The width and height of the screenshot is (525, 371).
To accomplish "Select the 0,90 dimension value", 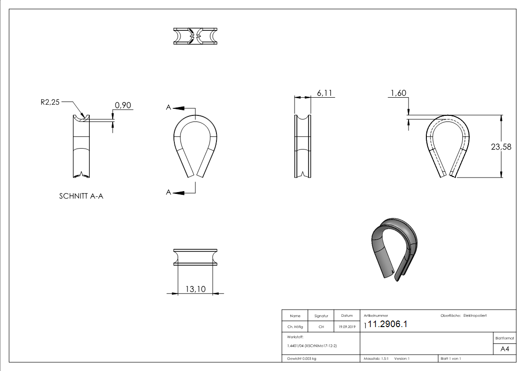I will (x=122, y=106).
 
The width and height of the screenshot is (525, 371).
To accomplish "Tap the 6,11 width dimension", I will (x=324, y=93).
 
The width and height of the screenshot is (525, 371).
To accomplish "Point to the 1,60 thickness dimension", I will (x=397, y=93).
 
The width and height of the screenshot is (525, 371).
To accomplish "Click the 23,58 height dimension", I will (x=501, y=147).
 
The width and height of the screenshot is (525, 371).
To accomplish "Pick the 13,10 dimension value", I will (x=195, y=289).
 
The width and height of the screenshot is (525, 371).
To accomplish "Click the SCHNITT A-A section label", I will (x=81, y=196).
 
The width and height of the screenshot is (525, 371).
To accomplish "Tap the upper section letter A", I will (x=168, y=107).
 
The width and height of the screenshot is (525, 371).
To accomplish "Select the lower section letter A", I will (x=168, y=192).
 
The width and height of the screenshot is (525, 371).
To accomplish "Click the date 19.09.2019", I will (x=347, y=327).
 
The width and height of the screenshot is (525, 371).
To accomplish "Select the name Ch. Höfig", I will (x=295, y=327).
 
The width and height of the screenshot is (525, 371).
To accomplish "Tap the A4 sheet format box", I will (x=504, y=349).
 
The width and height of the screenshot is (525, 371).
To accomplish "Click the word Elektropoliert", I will (x=475, y=316).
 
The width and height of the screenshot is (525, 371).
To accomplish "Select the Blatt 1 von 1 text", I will (x=450, y=358).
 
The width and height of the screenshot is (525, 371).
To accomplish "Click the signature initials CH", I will (x=321, y=327).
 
